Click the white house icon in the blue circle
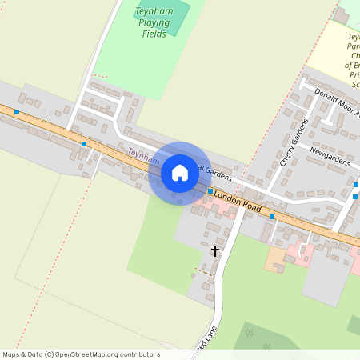(180, 173)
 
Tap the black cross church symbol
(214, 250)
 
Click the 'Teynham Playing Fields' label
(154, 22)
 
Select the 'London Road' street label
(238, 201)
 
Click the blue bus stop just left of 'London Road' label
(210, 191)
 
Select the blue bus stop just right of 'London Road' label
(272, 216)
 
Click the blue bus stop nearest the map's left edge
(15, 112)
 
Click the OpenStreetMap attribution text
(81, 354)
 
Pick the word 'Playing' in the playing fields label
(154, 22)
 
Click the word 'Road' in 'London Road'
(251, 206)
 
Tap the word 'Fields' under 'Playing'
(154, 34)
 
